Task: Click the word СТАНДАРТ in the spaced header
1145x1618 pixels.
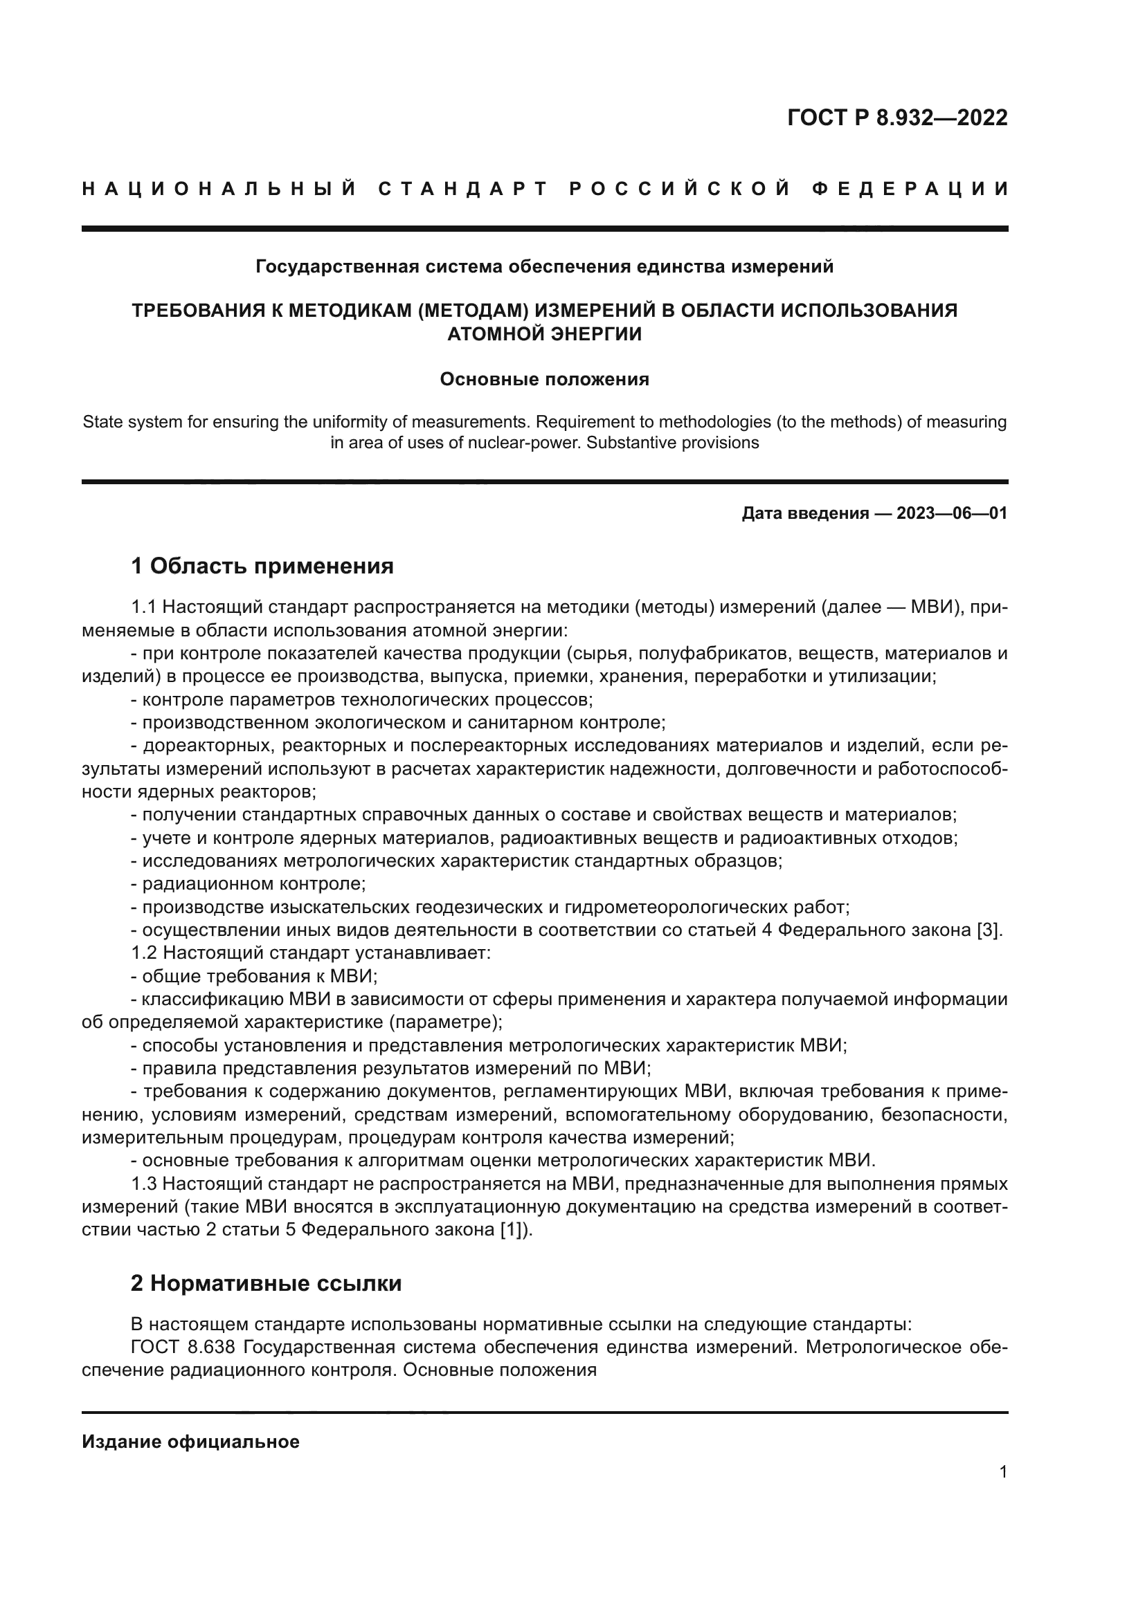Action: pyautogui.click(x=463, y=189)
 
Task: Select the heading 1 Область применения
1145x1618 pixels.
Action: pyautogui.click(x=262, y=566)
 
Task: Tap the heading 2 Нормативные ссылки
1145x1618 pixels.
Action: pyautogui.click(x=266, y=1283)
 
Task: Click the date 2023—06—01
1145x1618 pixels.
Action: pyautogui.click(x=951, y=513)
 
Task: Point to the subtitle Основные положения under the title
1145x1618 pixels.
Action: pyautogui.click(x=544, y=379)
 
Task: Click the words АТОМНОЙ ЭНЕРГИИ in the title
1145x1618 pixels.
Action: pyautogui.click(x=544, y=334)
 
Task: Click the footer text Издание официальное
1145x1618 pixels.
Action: pyautogui.click(x=191, y=1442)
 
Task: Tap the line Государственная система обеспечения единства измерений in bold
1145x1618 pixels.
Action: pyautogui.click(x=544, y=266)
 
